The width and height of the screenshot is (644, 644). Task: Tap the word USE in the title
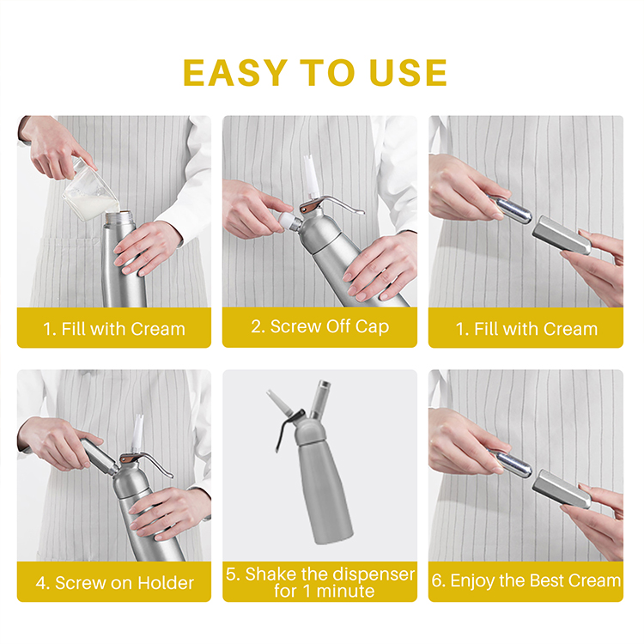pos(408,73)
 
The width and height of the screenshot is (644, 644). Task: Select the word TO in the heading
pos(327,73)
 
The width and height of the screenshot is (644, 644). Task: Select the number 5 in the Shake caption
pos(232,574)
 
